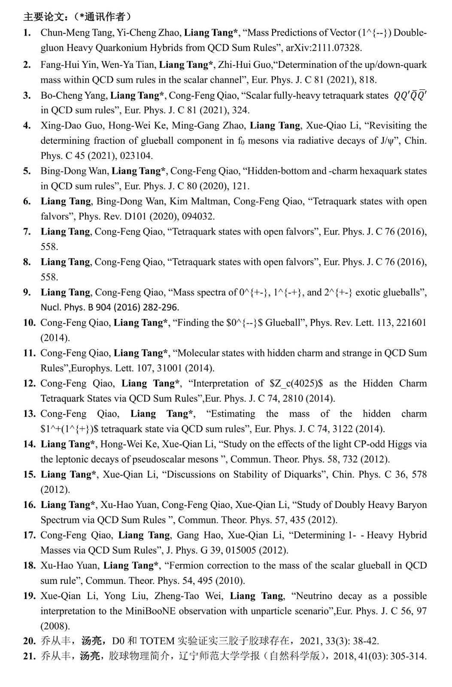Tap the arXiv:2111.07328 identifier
[324, 48]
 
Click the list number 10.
[29, 323]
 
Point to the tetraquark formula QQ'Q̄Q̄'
[410, 96]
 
